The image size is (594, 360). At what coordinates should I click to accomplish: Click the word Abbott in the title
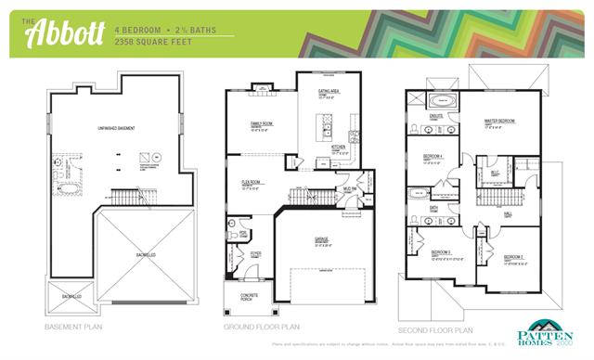tap(58, 33)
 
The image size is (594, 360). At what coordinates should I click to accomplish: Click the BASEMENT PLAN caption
tap(74, 328)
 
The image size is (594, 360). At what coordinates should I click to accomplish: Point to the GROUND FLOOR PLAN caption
tap(262, 328)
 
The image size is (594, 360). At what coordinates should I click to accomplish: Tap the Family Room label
tap(262, 123)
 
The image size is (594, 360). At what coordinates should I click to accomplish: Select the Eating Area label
tap(326, 93)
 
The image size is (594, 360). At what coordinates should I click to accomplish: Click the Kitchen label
tap(339, 146)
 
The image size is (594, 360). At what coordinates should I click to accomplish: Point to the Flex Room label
tap(251, 182)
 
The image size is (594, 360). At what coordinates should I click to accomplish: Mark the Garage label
tap(321, 239)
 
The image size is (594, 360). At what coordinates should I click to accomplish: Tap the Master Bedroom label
tap(499, 122)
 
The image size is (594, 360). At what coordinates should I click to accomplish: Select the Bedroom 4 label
tap(433, 156)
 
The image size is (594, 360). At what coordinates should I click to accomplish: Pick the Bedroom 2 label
tap(514, 257)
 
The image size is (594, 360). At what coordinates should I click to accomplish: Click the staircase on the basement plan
tap(123, 196)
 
